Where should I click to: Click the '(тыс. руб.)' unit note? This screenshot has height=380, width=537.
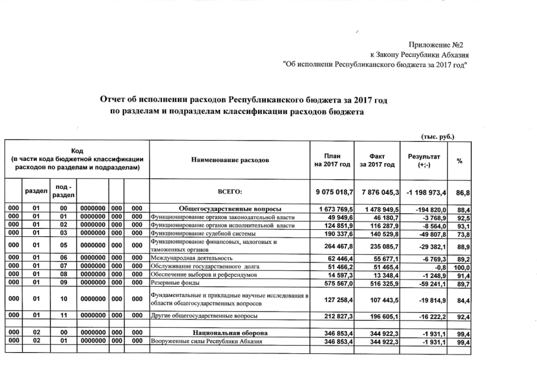437,135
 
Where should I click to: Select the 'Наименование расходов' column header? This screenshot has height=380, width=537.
230,160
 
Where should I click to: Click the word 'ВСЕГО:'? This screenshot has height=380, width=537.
230,192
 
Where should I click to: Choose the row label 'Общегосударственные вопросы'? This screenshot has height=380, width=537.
229,209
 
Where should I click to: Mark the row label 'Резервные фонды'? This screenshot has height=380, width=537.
174,285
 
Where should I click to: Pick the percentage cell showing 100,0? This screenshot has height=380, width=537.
461,268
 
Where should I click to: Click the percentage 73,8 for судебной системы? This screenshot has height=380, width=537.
463,234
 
